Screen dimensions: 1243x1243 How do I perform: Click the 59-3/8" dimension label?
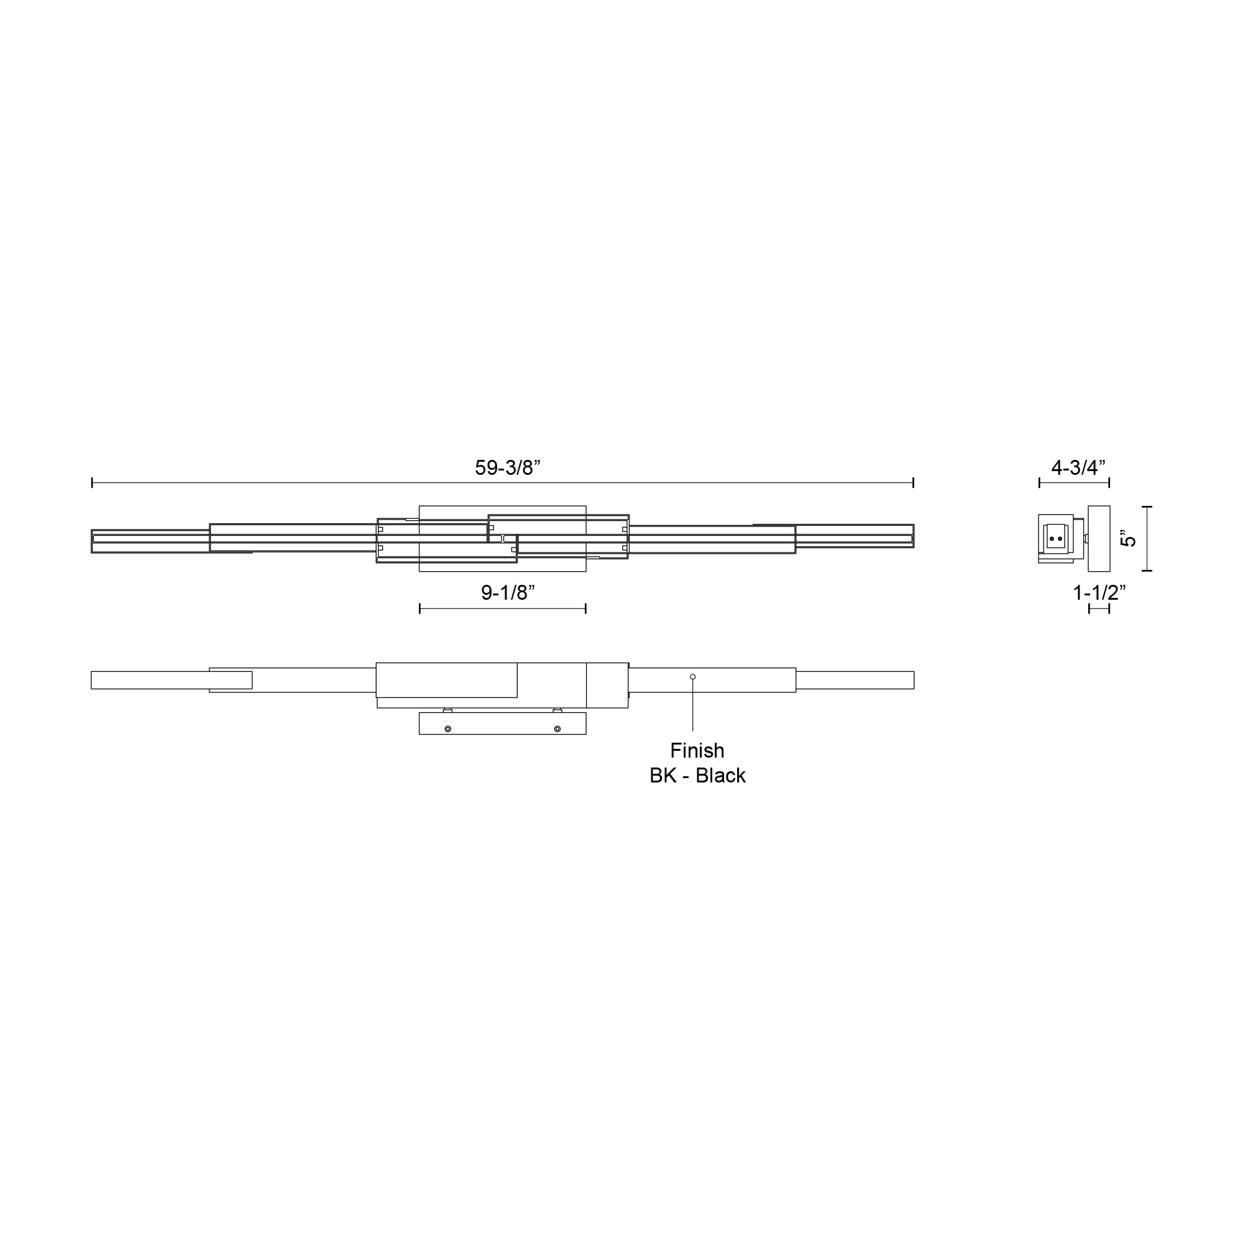pos(508,468)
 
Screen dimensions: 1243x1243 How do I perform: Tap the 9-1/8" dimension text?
pos(508,592)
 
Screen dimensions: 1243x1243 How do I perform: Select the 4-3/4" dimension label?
pos(1078,468)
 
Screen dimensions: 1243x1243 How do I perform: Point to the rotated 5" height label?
pos(1129,538)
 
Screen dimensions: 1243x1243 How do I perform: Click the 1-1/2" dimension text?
pos(1099,592)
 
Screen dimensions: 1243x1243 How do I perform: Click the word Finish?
pos(697,750)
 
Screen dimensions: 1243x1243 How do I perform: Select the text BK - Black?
pos(697,776)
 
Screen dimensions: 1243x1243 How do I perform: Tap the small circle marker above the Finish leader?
pos(693,677)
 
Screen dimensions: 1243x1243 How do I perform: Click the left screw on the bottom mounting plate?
pos(447,729)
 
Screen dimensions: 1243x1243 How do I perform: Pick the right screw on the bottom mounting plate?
pos(557,729)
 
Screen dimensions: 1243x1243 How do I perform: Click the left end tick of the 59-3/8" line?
pos(92,482)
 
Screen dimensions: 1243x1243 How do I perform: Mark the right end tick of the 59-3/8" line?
pos(913,482)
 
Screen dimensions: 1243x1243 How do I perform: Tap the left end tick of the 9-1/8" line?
pos(420,608)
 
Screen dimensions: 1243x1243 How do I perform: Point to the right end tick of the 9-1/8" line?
pos(585,608)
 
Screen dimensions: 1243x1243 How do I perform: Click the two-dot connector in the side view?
pos(1056,538)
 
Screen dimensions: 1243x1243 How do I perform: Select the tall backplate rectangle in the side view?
pos(1099,538)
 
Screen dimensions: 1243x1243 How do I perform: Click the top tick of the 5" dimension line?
pos(1147,507)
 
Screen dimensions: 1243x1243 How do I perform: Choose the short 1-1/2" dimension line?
pos(1099,608)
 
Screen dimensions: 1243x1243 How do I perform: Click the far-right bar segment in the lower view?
pos(855,680)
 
